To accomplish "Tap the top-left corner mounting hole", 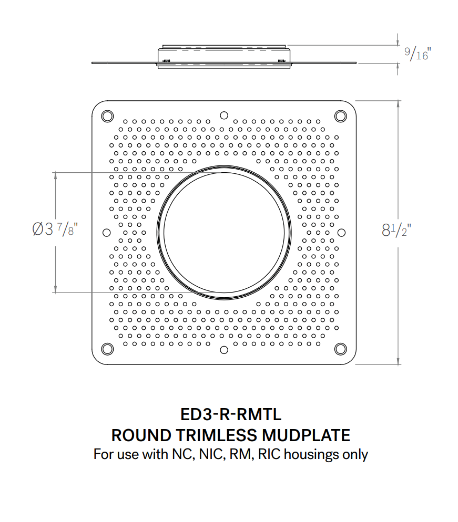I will (x=107, y=116).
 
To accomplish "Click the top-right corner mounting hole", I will (x=340, y=116).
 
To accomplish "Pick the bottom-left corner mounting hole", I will (x=107, y=349).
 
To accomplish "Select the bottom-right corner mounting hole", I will (x=340, y=349).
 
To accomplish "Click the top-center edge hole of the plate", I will (x=223, y=115).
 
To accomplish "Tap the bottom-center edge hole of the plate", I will (x=223, y=349).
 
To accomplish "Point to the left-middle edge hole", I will (x=107, y=232).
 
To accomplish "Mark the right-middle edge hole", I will (x=341, y=232).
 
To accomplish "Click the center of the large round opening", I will (x=223, y=232).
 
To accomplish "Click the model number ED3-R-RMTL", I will (x=231, y=414).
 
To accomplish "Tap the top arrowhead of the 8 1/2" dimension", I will (x=398, y=103).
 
